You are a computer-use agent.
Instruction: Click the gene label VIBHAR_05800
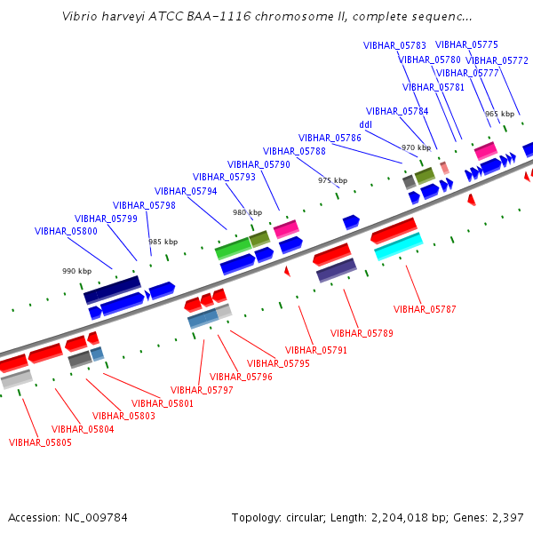tap(66, 231)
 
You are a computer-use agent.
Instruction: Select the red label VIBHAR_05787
tap(425, 309)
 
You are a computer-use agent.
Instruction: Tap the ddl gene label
tap(366, 124)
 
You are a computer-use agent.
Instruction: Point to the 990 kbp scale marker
tap(76, 271)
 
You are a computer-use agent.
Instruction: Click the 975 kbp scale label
tap(333, 180)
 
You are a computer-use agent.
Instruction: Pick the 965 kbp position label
tap(499, 114)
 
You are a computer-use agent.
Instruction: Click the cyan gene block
tap(399, 246)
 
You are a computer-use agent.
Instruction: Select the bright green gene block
tap(234, 249)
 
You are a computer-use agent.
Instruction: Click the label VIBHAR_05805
tap(40, 442)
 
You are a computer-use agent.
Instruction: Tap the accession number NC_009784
tap(96, 518)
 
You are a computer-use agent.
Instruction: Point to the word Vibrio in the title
tap(76, 16)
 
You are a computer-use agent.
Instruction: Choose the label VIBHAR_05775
tap(466, 45)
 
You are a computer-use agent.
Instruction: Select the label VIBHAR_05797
tap(202, 390)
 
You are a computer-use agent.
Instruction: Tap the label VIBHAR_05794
tap(186, 191)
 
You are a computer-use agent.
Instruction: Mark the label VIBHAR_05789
tap(362, 333)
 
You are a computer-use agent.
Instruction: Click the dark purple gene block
tap(337, 270)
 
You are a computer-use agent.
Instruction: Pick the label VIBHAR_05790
tap(259, 164)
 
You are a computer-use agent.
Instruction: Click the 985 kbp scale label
tap(163, 242)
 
